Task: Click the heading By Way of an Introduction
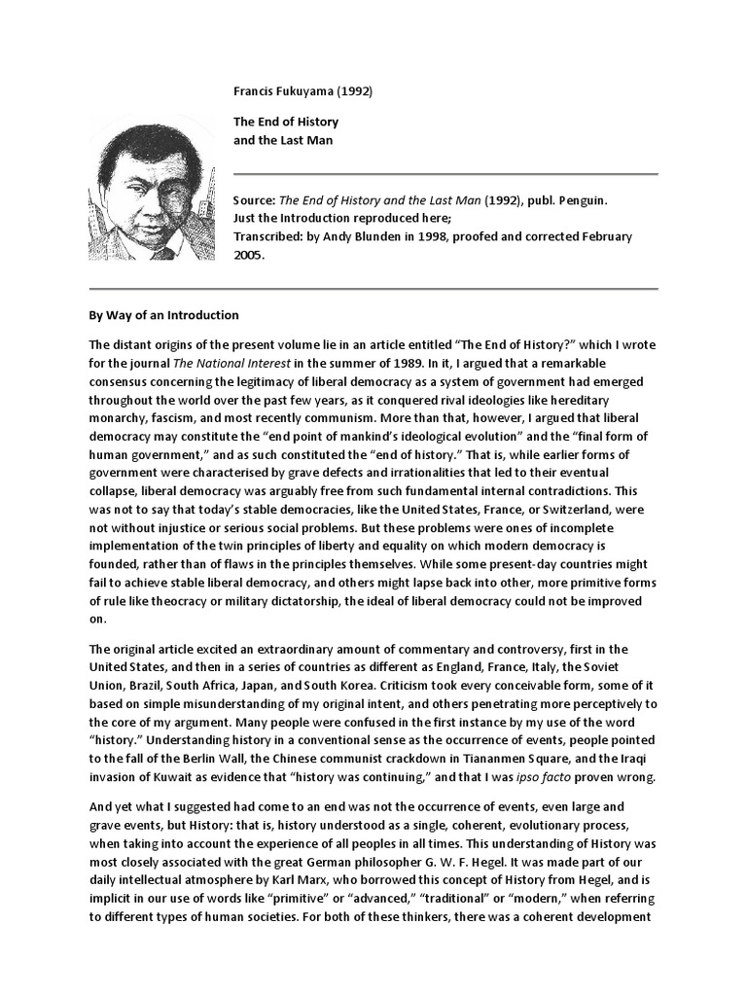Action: click(x=163, y=315)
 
